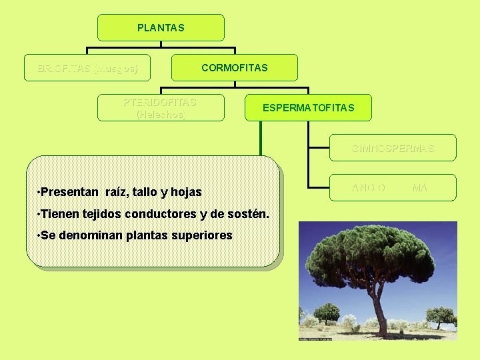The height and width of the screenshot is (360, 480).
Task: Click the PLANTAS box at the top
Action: pyautogui.click(x=161, y=28)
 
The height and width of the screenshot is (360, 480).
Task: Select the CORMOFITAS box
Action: pyautogui.click(x=234, y=68)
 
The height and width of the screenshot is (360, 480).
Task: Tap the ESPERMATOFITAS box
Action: pyautogui.click(x=308, y=107)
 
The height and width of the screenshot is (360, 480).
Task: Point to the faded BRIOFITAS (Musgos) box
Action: pyautogui.click(x=87, y=68)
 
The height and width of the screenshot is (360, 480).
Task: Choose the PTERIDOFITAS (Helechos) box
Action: pyautogui.click(x=161, y=107)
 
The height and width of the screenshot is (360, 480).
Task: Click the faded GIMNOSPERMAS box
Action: pyautogui.click(x=393, y=148)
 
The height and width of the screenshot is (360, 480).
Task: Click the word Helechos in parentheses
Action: pyautogui.click(x=160, y=114)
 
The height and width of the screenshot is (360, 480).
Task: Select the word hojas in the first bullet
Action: pyautogui.click(x=187, y=192)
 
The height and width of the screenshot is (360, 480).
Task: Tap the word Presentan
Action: pyautogui.click(x=69, y=192)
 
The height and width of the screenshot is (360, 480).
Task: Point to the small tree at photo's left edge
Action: pyautogui.click(x=326, y=311)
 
